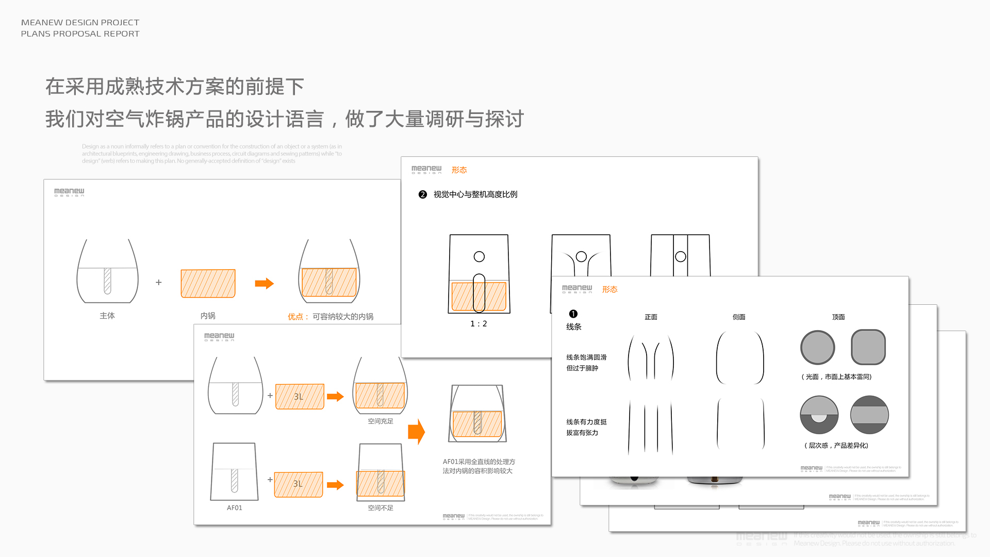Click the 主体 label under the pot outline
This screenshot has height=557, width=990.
click(x=107, y=316)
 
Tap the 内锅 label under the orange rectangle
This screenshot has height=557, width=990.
click(x=208, y=316)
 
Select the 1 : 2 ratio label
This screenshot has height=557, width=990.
click(x=478, y=324)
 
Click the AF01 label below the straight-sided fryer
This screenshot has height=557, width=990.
click(x=235, y=508)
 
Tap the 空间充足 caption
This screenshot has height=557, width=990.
click(x=381, y=421)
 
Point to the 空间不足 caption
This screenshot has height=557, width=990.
click(x=381, y=508)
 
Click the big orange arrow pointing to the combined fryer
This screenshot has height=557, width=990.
click(x=416, y=432)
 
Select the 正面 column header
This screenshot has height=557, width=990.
click(x=651, y=317)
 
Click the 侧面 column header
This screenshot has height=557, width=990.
click(x=739, y=317)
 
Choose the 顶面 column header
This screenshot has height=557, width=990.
click(x=838, y=317)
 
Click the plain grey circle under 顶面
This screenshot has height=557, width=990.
click(x=818, y=348)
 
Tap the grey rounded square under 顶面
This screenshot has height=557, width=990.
click(x=868, y=348)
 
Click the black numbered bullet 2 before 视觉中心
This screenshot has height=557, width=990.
click(x=423, y=194)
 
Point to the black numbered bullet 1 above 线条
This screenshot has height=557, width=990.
click(x=573, y=314)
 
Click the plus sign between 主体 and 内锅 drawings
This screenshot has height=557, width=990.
click(x=159, y=283)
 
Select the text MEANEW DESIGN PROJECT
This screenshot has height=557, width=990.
click(x=80, y=23)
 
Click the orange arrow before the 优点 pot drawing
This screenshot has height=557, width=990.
click(x=264, y=283)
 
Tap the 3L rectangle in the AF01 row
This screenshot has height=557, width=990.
click(x=299, y=484)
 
